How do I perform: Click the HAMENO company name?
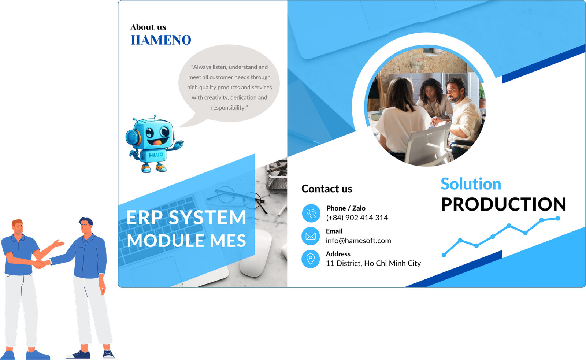tap(161, 40)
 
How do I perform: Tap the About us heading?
tap(148, 27)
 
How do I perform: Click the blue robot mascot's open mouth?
tap(157, 142)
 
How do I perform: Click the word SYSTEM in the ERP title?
tap(207, 217)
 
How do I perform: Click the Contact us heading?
tap(327, 189)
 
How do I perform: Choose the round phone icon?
tap(311, 213)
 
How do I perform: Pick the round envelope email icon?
tap(311, 236)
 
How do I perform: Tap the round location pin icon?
tap(311, 259)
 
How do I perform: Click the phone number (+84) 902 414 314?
tap(357, 218)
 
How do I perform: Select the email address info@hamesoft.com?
tap(359, 241)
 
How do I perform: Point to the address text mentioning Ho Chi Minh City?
tap(373, 263)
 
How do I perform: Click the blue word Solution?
tap(471, 184)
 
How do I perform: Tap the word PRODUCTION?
tap(504, 204)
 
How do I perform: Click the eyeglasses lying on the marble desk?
tap(240, 199)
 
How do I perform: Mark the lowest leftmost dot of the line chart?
tap(444, 255)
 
